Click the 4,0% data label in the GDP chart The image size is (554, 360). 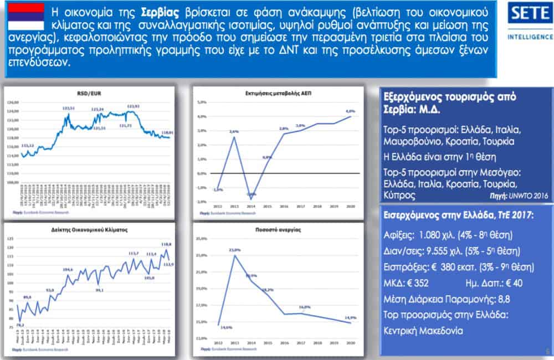[x=350, y=111]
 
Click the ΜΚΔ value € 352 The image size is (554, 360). [x=421, y=283]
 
